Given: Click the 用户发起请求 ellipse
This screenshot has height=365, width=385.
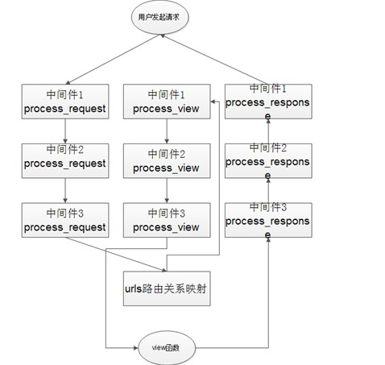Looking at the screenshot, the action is [x=159, y=17].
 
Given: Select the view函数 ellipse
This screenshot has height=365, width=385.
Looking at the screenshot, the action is [x=167, y=347].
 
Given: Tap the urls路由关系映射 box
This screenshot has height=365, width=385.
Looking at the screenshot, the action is [x=167, y=288].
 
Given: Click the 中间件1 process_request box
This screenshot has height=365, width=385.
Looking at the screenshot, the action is [x=65, y=102].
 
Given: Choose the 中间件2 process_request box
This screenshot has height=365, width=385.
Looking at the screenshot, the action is [x=65, y=160].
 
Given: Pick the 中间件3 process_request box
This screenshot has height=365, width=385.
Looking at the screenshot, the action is [x=65, y=220].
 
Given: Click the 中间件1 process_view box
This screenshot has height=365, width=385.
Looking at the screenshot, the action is [x=167, y=102].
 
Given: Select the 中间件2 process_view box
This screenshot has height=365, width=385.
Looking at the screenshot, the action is [x=167, y=160].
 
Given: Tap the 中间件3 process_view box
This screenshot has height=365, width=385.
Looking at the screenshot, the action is [x=167, y=220].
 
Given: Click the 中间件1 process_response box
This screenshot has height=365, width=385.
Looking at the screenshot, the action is [x=268, y=102].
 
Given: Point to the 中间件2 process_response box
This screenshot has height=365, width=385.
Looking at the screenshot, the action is [x=268, y=160].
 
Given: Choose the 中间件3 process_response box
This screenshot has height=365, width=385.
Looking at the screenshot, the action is [x=268, y=220].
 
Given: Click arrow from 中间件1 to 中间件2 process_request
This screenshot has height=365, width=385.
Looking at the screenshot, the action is [x=65, y=131].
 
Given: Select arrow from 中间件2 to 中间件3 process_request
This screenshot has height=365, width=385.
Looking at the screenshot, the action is [x=65, y=190].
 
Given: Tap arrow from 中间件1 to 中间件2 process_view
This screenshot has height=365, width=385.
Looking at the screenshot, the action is [x=167, y=131].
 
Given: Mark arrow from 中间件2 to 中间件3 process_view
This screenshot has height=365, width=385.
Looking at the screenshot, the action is [x=167, y=190].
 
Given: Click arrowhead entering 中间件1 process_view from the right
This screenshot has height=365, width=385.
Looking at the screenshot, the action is [x=213, y=102].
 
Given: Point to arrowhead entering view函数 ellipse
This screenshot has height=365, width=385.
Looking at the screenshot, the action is [x=136, y=348].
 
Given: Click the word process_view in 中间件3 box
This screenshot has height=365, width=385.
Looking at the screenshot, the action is [x=166, y=228].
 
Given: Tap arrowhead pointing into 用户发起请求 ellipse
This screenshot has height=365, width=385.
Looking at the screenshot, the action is [x=163, y=35].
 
